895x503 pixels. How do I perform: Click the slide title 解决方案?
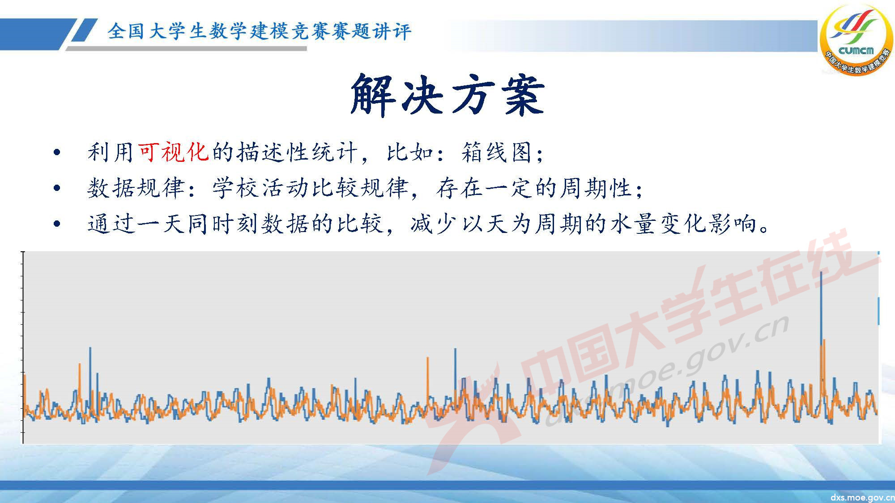(447, 95)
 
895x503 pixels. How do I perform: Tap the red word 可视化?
(173, 152)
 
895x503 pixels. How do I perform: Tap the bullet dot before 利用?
(56, 153)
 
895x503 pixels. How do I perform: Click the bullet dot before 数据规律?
(56, 188)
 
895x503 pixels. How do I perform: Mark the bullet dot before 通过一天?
(56, 224)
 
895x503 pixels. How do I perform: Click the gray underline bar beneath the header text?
(188, 48)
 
